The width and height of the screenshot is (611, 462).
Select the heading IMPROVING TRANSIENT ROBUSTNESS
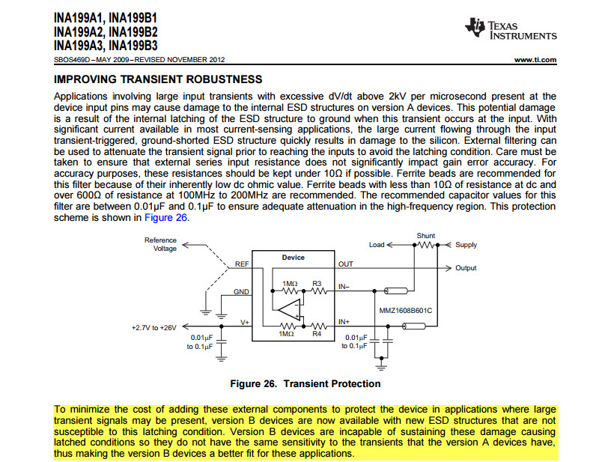(158, 79)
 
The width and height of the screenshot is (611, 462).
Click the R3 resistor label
(317, 283)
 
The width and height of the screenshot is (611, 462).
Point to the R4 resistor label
(317, 333)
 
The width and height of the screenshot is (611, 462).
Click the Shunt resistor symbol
(427, 245)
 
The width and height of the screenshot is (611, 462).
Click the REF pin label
(242, 264)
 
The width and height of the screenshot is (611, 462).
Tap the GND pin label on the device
(241, 292)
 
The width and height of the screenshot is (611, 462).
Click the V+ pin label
(244, 322)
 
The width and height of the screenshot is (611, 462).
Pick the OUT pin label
(345, 264)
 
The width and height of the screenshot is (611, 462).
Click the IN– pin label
(344, 285)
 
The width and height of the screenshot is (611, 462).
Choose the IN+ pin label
(344, 322)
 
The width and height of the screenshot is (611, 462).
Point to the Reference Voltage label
(161, 244)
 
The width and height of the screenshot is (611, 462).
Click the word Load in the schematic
(377, 245)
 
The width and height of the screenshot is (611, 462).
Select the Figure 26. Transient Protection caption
(305, 384)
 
